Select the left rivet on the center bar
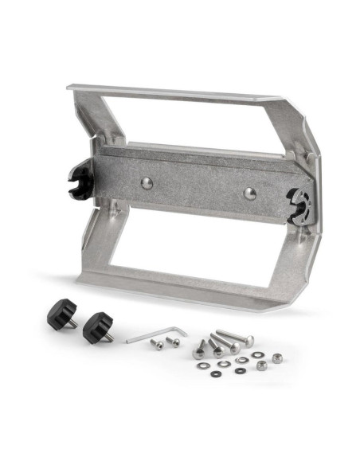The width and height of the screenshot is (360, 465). (147, 183)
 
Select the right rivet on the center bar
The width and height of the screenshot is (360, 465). (249, 193)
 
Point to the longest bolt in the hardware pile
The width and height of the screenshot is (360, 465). (234, 338)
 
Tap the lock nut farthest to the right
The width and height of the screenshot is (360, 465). (276, 358)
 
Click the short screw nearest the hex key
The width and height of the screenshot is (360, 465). (158, 344)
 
